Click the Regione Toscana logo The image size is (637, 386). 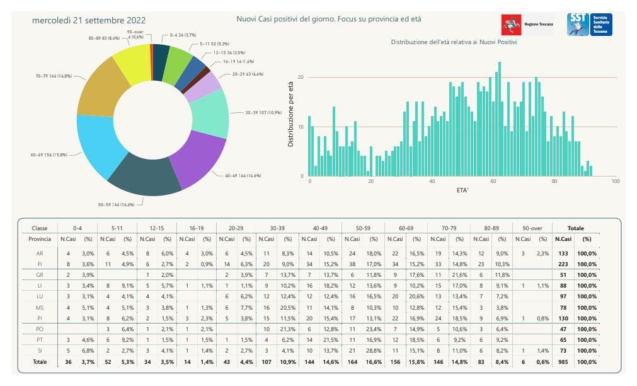pyautogui.click(x=527, y=25)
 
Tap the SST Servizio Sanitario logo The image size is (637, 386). pyautogui.click(x=589, y=25)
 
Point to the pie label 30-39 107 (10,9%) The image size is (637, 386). pyautogui.click(x=263, y=112)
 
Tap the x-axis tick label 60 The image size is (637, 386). pyautogui.click(x=493, y=182)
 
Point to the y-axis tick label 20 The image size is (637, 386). pyautogui.click(x=301, y=78)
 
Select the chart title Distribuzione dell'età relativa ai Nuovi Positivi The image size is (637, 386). pyautogui.click(x=454, y=42)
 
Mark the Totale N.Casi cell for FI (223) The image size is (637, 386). pyautogui.click(x=563, y=264)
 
